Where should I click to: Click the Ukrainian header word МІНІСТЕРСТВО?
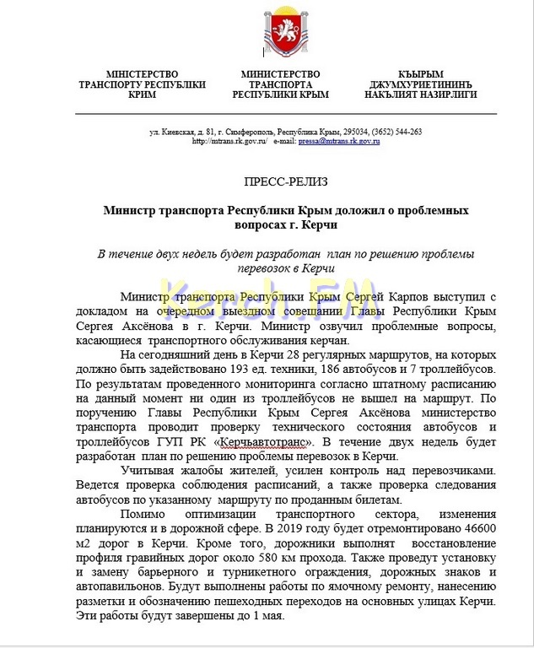pyautogui.click(x=133, y=74)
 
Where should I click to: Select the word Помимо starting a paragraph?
pyautogui.click(x=144, y=513)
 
